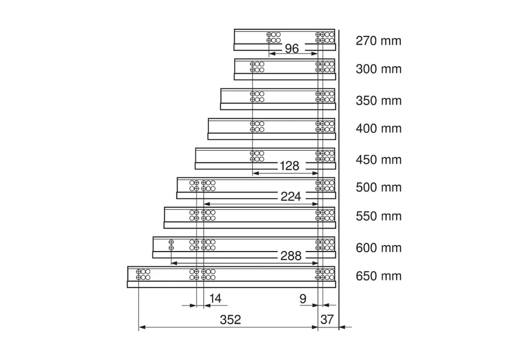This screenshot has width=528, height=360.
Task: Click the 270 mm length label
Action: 378,41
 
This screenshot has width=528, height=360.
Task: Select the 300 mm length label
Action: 378,69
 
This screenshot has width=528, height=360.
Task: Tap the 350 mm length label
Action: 378,100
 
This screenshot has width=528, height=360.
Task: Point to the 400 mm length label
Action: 378,128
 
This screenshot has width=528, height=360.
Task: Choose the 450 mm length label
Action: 378,160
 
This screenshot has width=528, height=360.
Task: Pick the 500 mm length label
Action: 378,187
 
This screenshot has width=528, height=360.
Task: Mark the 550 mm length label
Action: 378,216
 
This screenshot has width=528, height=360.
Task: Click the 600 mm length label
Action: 378,248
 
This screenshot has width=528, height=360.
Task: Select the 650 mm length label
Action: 378,276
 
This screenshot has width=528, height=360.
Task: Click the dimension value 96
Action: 291,48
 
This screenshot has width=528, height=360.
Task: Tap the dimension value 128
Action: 289,166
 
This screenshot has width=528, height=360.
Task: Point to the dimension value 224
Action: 290,196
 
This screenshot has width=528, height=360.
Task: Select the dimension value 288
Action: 290,256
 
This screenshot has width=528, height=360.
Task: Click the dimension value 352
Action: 230,320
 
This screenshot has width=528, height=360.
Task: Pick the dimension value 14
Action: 215,298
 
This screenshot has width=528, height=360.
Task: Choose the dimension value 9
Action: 303,299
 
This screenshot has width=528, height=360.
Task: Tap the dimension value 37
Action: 327,319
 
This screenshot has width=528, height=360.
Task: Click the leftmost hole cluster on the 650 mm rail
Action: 143,274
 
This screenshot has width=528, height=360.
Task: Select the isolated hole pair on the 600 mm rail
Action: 171,245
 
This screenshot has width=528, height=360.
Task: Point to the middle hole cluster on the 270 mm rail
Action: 273,37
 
